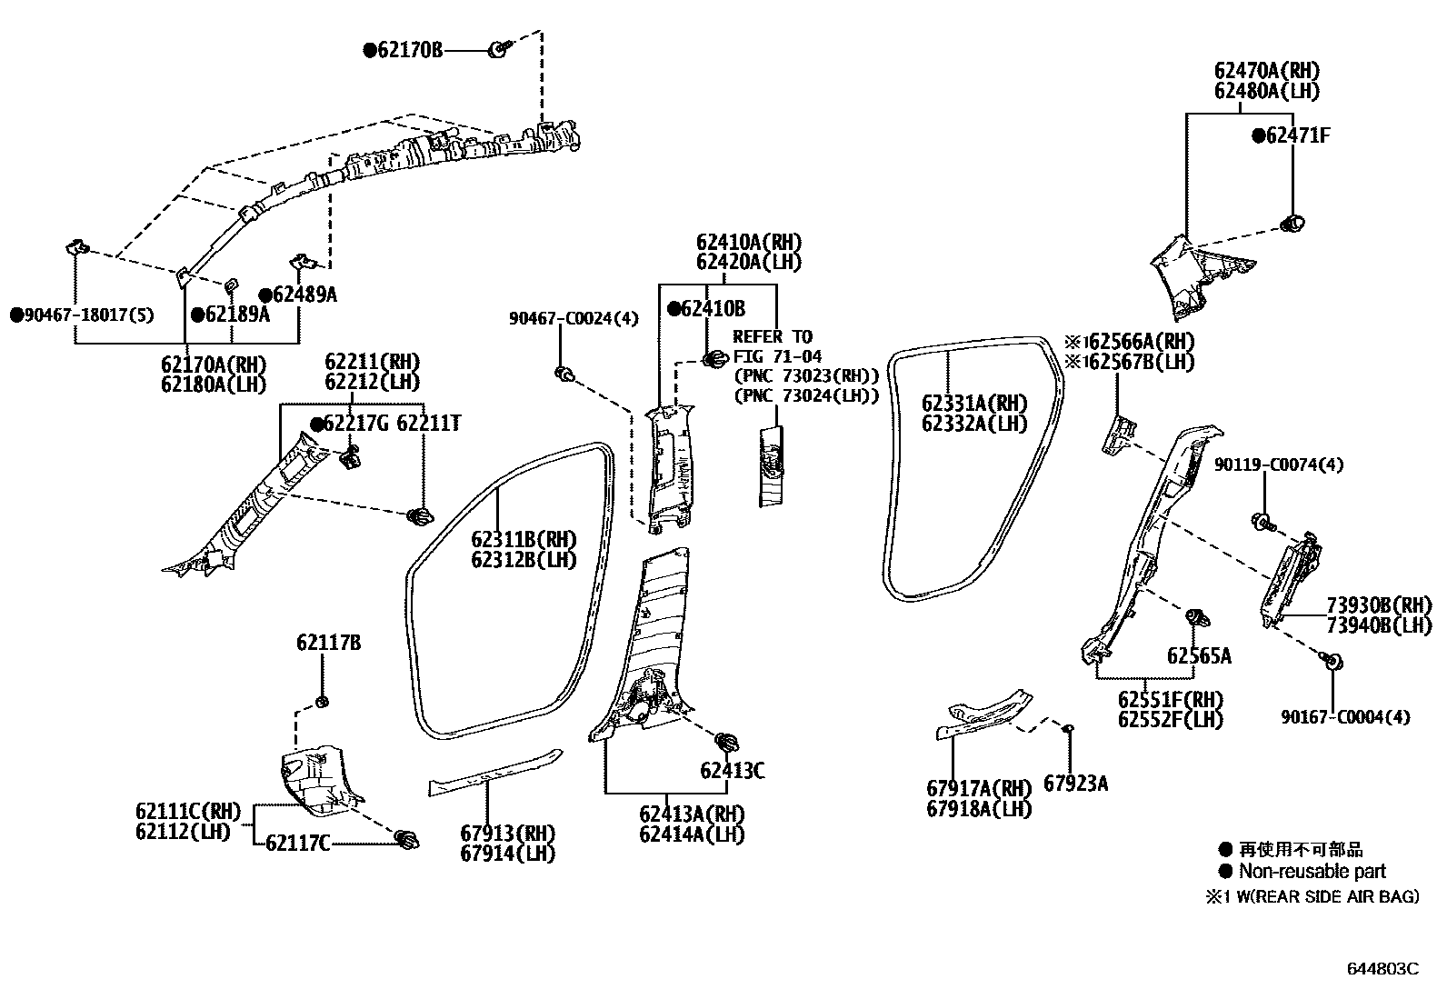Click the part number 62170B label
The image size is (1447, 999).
[410, 51]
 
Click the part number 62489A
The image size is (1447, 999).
[304, 295]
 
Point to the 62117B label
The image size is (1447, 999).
[328, 643]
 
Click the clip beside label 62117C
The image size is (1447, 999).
[408, 841]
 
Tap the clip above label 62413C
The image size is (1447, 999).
[726, 742]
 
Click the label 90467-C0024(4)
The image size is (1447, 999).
[574, 318]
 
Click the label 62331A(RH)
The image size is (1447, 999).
[973, 404]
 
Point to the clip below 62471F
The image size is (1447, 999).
[1291, 222]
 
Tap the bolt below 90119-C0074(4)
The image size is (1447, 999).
[1262, 523]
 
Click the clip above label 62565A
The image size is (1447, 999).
[1198, 618]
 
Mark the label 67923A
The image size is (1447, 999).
[1075, 784]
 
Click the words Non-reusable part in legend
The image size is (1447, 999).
[1312, 871]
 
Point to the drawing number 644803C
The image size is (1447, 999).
[1382, 969]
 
